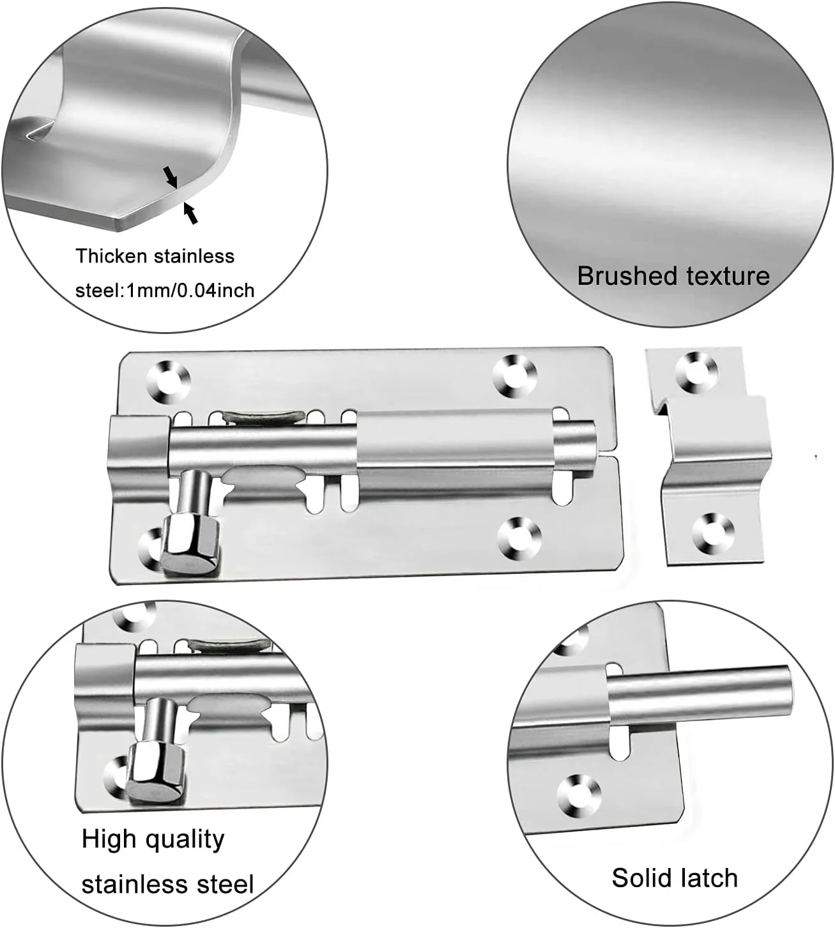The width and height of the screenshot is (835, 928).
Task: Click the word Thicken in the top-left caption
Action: coord(112,256)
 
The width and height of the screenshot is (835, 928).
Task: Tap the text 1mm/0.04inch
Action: coord(190,291)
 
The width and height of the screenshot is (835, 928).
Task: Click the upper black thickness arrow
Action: coord(171,177)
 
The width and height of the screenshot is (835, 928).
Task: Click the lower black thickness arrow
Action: coord(190,213)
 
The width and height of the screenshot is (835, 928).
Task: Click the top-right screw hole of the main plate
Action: coord(515,376)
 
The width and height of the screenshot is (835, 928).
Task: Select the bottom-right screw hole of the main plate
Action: coord(519,538)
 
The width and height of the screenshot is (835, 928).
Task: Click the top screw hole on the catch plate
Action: coord(697,372)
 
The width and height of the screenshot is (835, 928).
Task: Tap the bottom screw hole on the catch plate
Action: coord(713,534)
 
